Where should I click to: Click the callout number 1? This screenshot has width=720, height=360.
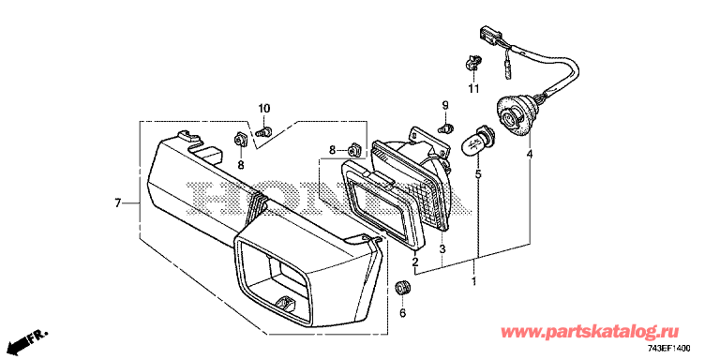point(473,280)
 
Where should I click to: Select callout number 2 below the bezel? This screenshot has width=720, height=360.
point(415,262)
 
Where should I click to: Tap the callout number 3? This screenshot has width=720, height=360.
point(442,249)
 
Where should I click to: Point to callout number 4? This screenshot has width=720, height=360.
point(530,155)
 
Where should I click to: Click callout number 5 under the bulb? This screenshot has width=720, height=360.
point(478,174)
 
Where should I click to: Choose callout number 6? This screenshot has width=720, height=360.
point(403,313)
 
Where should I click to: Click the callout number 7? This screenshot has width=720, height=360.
point(117,202)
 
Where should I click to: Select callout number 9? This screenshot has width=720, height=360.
point(444,105)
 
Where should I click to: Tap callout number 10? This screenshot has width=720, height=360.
point(264,109)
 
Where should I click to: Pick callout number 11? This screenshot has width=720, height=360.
point(473,88)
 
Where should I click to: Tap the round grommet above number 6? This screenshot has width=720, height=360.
point(403,288)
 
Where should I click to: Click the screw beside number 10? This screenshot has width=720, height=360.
point(263,132)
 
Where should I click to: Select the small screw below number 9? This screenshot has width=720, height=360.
point(446,127)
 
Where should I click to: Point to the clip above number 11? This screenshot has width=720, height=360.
point(472,63)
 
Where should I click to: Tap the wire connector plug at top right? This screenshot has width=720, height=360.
point(487,33)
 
